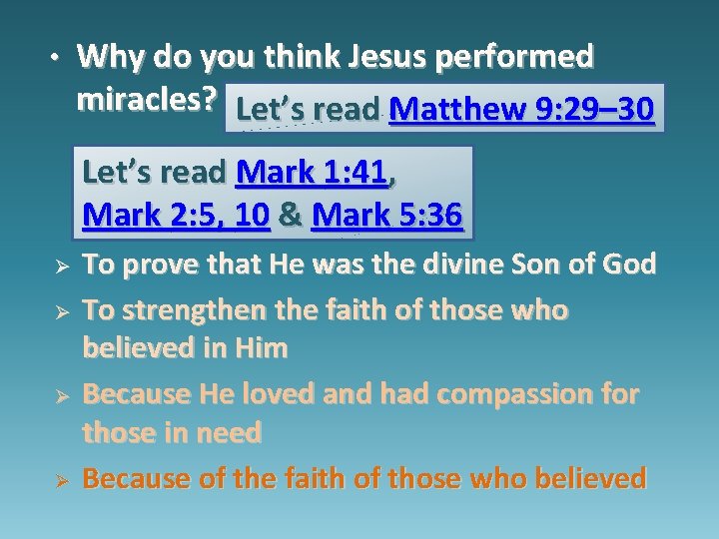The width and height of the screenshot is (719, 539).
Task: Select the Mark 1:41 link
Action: pos(311,173)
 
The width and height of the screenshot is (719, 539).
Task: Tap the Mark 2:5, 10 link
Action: pos(177,215)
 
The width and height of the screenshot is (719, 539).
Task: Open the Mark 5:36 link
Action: pos(387,215)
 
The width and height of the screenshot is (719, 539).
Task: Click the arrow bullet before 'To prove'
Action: pos(60,268)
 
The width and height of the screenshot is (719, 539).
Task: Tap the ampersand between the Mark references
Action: pos(291,215)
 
